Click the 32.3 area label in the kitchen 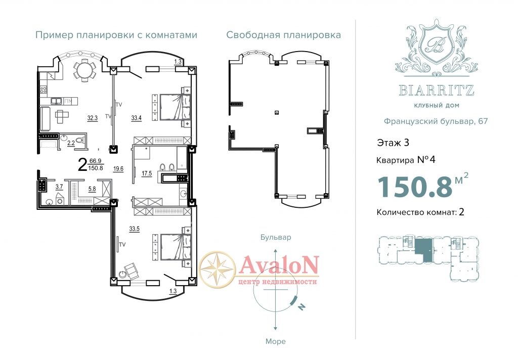click(93, 118)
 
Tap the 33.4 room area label click(137, 118)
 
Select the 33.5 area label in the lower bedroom click(134, 229)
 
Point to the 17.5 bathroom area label click(147, 173)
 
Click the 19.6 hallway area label click(118, 169)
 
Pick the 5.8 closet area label click(92, 189)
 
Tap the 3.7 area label click(59, 187)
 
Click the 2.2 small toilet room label click(71, 143)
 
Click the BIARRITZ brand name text click(437, 90)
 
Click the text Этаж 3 click(393, 143)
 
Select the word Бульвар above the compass click(276, 237)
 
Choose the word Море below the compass click(276, 341)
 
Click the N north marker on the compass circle click(301, 307)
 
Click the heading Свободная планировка click(283, 35)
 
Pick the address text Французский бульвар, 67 click(436, 121)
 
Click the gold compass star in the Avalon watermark click(218, 268)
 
